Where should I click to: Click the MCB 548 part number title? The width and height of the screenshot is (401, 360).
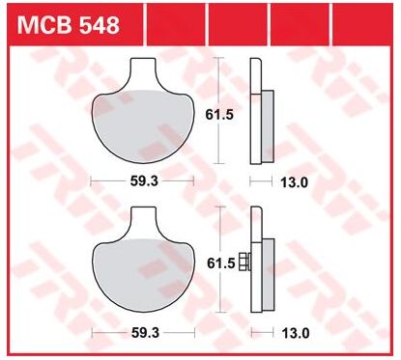[x=69, y=25]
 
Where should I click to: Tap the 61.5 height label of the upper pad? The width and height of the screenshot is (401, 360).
[x=219, y=115]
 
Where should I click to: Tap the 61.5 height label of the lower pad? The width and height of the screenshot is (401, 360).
[x=220, y=263]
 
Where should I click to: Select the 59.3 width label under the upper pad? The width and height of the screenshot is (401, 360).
[x=144, y=181]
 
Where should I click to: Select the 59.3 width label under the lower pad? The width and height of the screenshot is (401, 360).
[x=145, y=333]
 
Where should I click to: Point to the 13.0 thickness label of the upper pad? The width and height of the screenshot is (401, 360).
[x=295, y=182]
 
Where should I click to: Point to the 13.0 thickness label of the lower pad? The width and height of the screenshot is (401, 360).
[x=296, y=333]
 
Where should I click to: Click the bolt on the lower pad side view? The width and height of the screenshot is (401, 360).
[x=244, y=262]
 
